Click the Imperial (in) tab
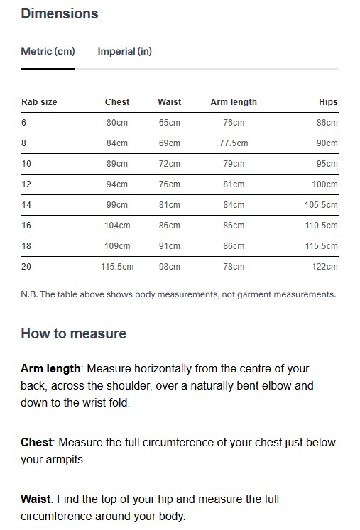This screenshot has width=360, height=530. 124,51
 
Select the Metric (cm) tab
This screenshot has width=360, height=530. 48,51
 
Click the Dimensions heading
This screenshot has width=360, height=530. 60,13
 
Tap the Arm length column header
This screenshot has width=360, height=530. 234,102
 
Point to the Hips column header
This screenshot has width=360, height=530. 328,102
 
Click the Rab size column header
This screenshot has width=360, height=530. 39,102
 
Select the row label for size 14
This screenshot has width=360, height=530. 26,205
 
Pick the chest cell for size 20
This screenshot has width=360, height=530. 117,267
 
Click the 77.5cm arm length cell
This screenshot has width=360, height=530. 234,143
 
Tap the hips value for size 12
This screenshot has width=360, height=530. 325,184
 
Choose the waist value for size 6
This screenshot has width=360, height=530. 170,123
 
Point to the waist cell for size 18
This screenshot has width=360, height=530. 170,246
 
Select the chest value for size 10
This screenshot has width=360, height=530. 117,164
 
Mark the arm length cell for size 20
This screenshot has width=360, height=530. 234,267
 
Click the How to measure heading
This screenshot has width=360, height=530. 73,333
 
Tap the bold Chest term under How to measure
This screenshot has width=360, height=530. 36,442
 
